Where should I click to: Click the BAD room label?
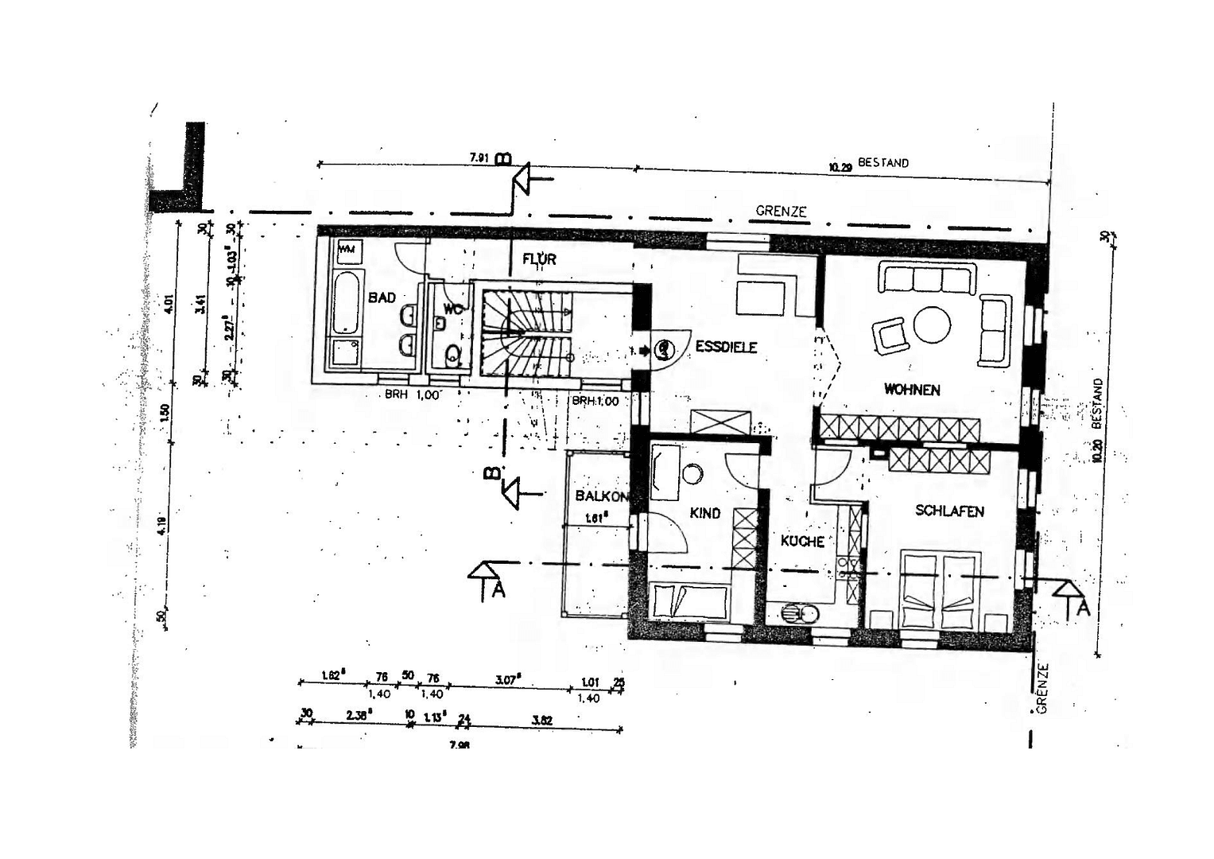[x=382, y=297]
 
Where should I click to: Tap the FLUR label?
[x=539, y=259]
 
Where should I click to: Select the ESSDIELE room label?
[x=726, y=347]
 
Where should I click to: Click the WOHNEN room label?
[x=912, y=390]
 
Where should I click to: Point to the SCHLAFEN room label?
[x=949, y=511]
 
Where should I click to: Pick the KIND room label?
[x=705, y=513]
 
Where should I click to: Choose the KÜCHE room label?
[x=802, y=541]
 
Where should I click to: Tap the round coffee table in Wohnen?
[x=932, y=325]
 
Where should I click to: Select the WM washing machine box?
[x=347, y=250]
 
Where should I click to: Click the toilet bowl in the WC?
[x=453, y=355]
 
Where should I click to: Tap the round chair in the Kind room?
[x=692, y=474]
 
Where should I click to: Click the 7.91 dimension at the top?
[x=479, y=157]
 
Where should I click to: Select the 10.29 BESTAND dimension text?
[x=868, y=165]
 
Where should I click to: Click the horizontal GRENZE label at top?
[x=781, y=211]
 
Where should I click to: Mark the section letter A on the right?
[x=1081, y=608]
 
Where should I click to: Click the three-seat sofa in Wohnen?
[x=926, y=279]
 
